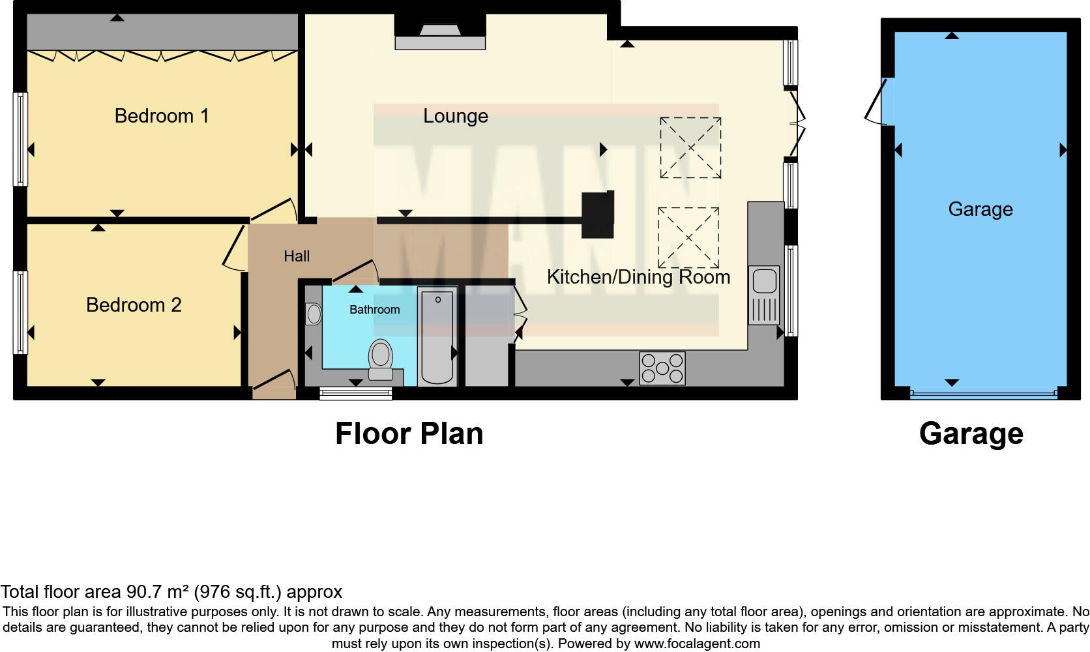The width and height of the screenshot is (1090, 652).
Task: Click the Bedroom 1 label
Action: [x=162, y=116]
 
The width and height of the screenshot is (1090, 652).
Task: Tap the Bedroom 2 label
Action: [x=134, y=305]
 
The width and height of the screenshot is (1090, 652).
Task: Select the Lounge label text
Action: [x=455, y=116]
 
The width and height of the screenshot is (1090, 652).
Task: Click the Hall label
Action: [x=297, y=256]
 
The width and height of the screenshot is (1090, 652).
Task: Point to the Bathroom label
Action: [x=374, y=310]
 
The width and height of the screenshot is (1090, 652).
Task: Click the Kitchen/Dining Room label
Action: [x=638, y=277]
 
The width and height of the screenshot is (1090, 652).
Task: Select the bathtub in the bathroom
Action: [x=437, y=336]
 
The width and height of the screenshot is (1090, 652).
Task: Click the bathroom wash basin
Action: [x=314, y=314]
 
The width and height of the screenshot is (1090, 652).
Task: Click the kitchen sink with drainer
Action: [x=763, y=295]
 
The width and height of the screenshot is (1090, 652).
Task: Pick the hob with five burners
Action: [x=662, y=368]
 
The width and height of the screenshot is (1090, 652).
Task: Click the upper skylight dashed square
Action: [x=690, y=148]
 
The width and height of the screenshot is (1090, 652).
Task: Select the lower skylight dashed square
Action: [x=688, y=238]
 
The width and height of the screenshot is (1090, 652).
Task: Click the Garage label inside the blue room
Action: [x=980, y=209]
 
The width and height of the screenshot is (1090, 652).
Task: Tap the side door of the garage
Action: [x=879, y=102]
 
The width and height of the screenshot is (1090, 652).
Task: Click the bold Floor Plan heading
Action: [x=409, y=434]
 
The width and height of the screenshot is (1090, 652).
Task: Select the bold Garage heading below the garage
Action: [x=971, y=434]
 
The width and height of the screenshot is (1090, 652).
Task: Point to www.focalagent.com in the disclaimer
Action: [x=696, y=644]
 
